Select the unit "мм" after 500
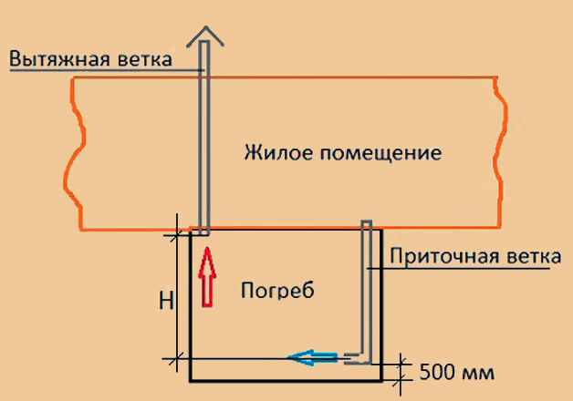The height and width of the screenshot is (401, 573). click(x=478, y=372)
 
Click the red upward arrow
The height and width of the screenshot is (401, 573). click(x=205, y=277)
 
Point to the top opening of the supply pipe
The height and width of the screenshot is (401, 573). click(x=367, y=223)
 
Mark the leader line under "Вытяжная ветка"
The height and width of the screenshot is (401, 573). click(x=100, y=70)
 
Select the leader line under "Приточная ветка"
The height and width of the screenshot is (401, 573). click(x=465, y=269)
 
